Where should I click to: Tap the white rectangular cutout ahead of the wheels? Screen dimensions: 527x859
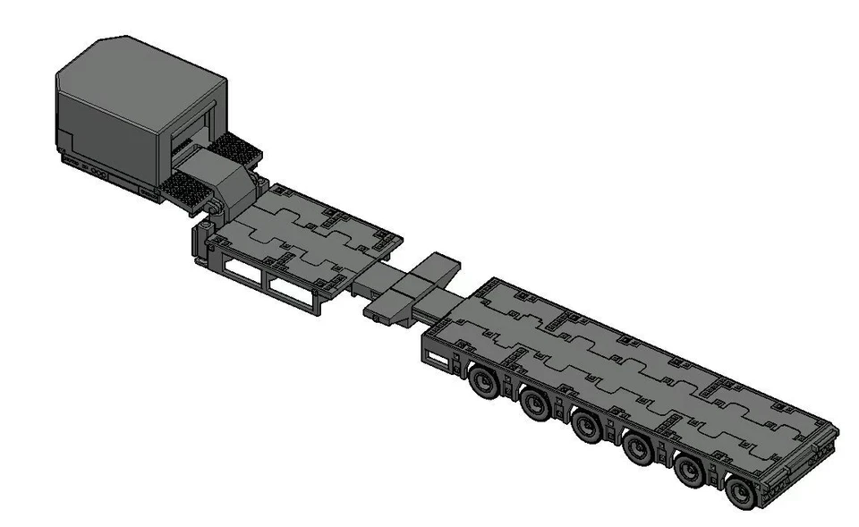438,360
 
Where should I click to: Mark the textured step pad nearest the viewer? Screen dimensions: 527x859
190,189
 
